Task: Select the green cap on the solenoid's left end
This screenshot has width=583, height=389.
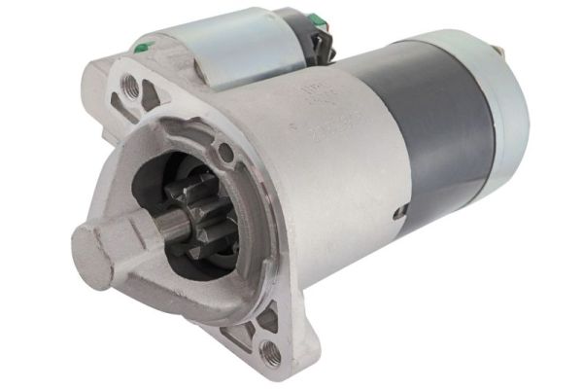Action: point(143,44)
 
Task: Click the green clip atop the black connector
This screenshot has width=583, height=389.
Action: point(317,17)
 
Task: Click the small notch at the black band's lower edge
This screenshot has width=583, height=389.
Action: point(398,211)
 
